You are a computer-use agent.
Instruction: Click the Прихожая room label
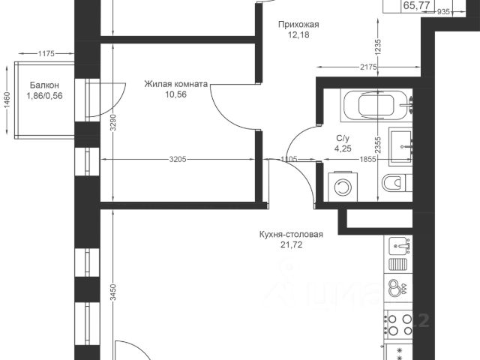[x=298, y=24]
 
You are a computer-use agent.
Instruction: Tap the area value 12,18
[x=298, y=35]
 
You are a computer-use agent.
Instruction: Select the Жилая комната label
[x=175, y=84]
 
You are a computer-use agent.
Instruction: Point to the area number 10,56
[x=175, y=94]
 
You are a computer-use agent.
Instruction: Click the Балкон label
[x=44, y=85]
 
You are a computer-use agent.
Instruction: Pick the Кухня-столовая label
[x=291, y=235]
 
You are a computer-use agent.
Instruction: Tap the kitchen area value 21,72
[x=291, y=245]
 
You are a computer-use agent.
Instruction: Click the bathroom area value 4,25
[x=343, y=148]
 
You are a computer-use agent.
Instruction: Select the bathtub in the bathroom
[x=376, y=106]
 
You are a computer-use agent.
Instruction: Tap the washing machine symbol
[x=343, y=187]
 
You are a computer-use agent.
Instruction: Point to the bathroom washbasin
[x=400, y=146]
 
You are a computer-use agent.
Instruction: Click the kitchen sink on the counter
[x=398, y=246]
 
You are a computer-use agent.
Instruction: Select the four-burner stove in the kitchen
[x=399, y=325]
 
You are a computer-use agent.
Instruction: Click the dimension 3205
[x=178, y=160]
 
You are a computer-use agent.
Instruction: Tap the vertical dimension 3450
[x=113, y=292]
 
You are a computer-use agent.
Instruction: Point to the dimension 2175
[x=368, y=67]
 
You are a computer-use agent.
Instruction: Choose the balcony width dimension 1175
[x=46, y=53]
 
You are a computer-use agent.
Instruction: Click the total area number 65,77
[x=417, y=5]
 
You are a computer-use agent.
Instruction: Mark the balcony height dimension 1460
[x=7, y=100]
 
